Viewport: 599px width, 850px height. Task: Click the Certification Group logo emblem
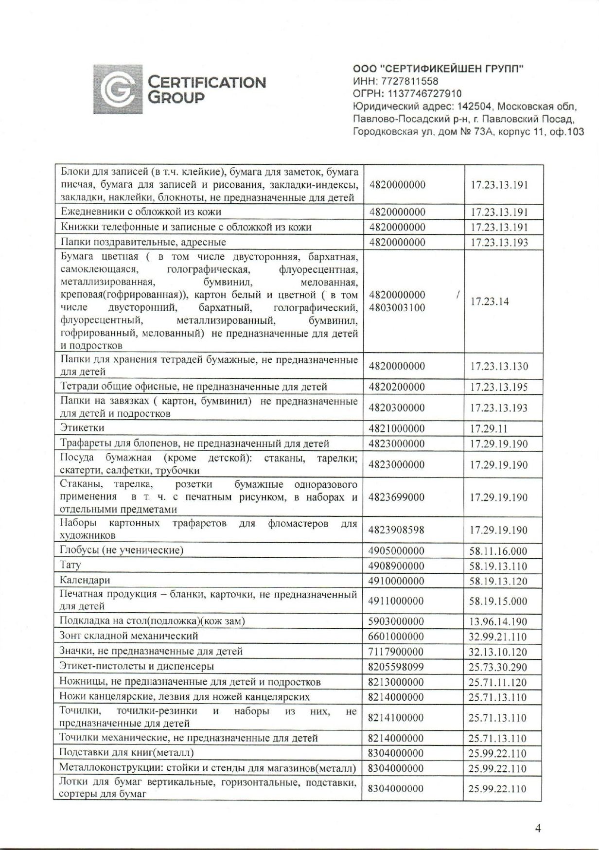click(118, 89)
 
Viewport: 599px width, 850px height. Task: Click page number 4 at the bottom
click(538, 828)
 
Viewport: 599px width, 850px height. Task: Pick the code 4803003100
click(397, 308)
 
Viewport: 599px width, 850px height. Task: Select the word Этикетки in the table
click(82, 428)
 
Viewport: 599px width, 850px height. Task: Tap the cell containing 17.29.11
click(488, 428)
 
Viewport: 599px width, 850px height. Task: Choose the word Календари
click(85, 580)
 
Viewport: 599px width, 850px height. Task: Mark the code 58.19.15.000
click(498, 601)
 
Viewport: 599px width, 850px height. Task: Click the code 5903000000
click(396, 621)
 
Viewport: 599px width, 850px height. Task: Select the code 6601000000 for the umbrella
click(396, 637)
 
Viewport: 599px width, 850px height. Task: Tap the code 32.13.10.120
click(497, 652)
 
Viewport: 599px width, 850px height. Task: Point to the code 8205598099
click(396, 667)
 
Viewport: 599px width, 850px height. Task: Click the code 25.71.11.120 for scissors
click(497, 682)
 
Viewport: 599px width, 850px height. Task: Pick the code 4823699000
click(396, 497)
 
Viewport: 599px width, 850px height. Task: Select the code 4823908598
click(396, 530)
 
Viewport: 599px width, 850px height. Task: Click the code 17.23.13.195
click(498, 387)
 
